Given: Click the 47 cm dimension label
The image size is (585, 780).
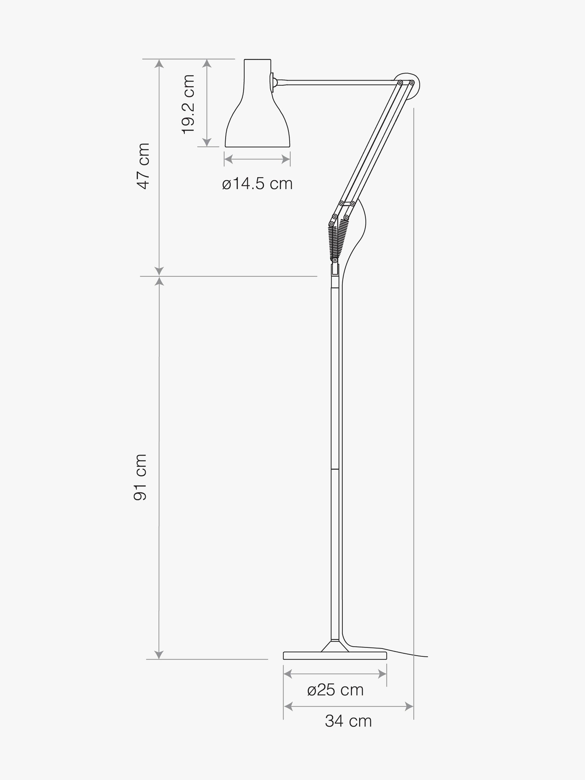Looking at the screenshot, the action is coord(143,166).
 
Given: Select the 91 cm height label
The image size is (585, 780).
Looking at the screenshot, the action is coord(140,477).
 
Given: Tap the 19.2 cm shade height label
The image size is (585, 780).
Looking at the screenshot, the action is coord(188,104).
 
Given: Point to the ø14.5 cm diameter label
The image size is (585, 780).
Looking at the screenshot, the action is coord(257,184).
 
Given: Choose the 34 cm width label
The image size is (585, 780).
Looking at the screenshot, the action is coord(348,721).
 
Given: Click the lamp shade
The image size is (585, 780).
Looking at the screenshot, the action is coord(257,103).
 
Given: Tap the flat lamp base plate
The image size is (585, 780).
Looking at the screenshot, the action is coord(335,655).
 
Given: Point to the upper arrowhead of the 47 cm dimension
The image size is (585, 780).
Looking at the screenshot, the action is coord(159,63).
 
